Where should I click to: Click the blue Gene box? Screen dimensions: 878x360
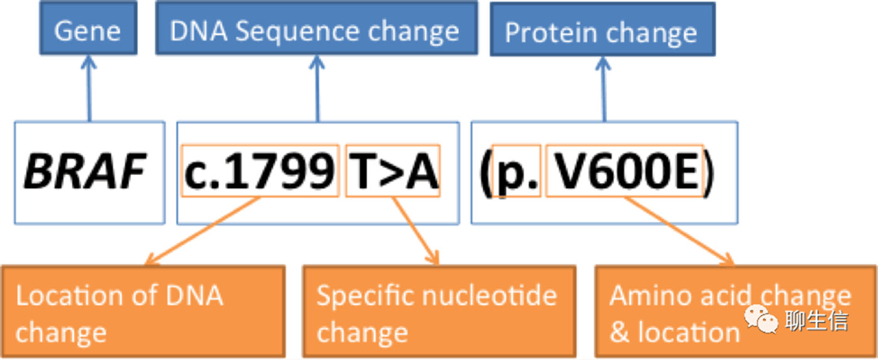coord(88,28)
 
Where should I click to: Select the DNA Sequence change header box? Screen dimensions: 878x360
coord(317,28)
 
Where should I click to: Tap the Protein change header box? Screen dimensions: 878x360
coord(603,29)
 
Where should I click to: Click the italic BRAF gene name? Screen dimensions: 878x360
coord(85,172)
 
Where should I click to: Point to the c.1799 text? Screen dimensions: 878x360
coord(260,172)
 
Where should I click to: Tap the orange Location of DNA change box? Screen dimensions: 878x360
coord(144,312)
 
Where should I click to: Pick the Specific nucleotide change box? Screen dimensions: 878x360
coord(440,312)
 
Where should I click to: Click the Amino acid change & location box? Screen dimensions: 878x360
coord(736,312)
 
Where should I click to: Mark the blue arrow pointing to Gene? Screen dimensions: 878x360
coord(89,88)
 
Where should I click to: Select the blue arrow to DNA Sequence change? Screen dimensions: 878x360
coord(317,88)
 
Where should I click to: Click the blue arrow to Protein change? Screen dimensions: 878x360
coord(604,90)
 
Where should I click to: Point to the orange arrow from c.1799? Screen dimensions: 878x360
coord(203,231)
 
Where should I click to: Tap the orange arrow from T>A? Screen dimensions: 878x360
coord(416,231)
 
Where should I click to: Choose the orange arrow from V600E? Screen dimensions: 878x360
coord(679,231)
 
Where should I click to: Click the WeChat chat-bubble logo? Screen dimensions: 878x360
coord(761,319)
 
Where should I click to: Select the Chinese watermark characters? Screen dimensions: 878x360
coord(817,321)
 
